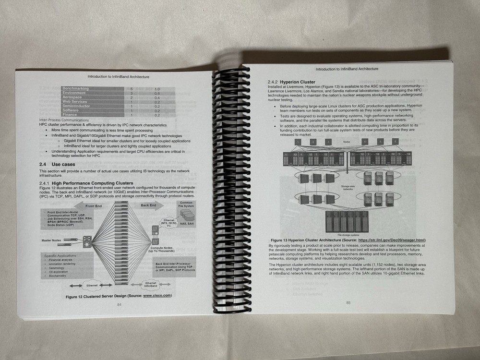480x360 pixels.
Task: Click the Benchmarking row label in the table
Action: coord(75,89)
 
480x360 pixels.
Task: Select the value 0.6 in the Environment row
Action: coord(157,93)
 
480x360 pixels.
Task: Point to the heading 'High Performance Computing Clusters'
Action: coord(92,183)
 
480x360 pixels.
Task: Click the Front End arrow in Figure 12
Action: coord(94,206)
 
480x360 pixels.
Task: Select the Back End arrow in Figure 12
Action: coord(148,205)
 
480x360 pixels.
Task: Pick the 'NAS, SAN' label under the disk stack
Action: coord(188,223)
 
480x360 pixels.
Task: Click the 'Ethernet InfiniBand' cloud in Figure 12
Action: coord(151,285)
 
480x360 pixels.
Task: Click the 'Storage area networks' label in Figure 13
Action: coord(348,187)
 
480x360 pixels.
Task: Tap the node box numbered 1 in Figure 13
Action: coord(298,142)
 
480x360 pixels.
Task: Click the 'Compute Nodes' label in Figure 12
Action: coord(162,249)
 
